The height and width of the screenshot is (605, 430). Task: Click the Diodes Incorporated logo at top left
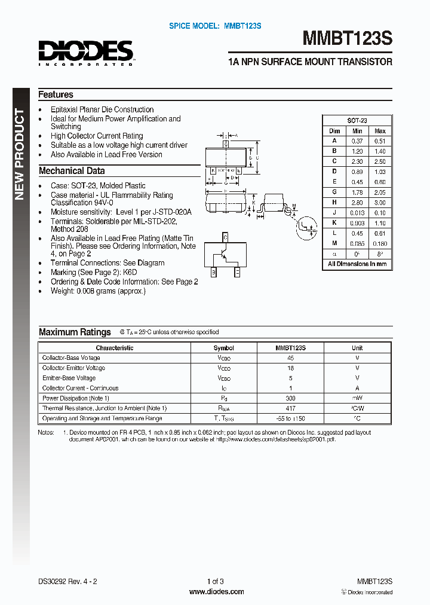pyautogui.click(x=86, y=53)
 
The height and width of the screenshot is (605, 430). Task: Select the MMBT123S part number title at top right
pyautogui.click(x=347, y=39)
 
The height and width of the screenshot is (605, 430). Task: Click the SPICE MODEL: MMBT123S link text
pyautogui.click(x=215, y=26)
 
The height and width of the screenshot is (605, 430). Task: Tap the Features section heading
pyautogui.click(x=56, y=94)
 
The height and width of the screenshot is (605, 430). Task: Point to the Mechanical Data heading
pyautogui.click(x=71, y=171)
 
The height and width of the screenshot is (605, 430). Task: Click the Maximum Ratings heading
pyautogui.click(x=75, y=332)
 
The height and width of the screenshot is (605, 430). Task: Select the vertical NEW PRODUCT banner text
pyautogui.click(x=20, y=154)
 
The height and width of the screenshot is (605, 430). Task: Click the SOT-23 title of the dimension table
pyautogui.click(x=357, y=120)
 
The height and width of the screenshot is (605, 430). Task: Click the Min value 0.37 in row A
pyautogui.click(x=357, y=141)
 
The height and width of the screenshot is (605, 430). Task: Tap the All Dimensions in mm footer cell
pyautogui.click(x=357, y=264)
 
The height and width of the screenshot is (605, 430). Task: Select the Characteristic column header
pyautogui.click(x=115, y=348)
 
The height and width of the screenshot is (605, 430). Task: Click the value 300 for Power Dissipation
pyautogui.click(x=291, y=398)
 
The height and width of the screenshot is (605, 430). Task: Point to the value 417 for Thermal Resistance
pyautogui.click(x=291, y=408)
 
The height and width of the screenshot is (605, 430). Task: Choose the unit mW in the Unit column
pyautogui.click(x=357, y=398)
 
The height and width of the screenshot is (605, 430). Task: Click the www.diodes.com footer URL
pyautogui.click(x=216, y=592)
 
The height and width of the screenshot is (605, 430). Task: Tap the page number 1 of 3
pyautogui.click(x=216, y=581)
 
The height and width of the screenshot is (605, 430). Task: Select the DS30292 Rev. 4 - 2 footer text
pyautogui.click(x=67, y=581)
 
